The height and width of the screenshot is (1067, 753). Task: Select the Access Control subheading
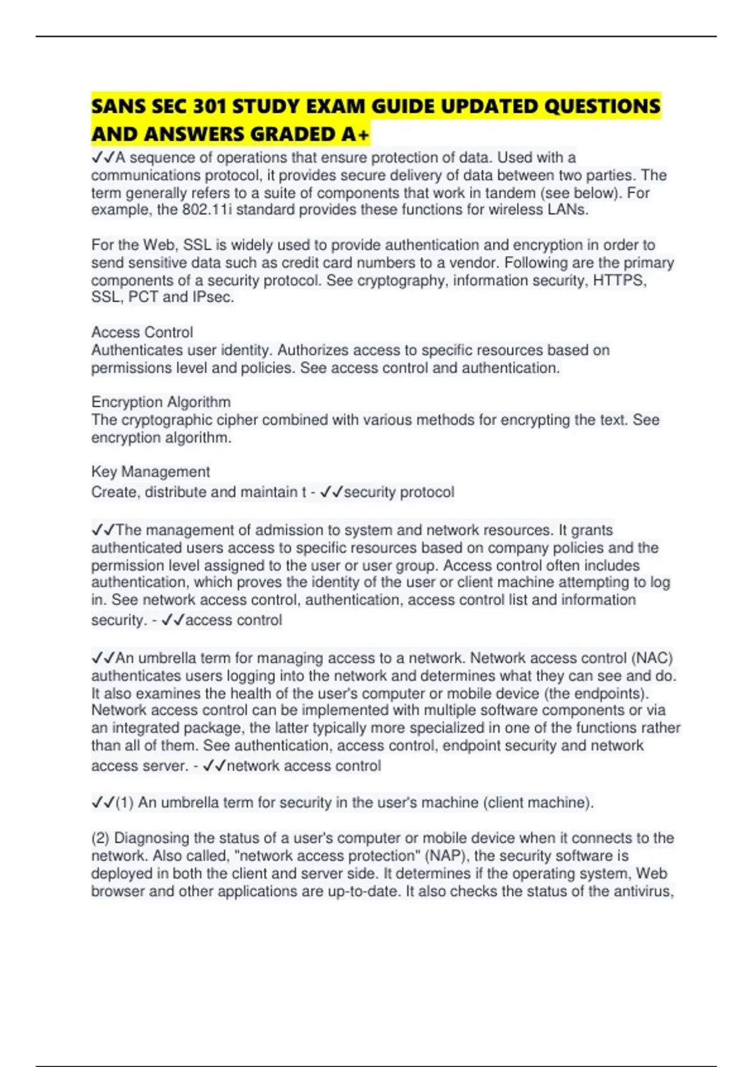pos(142,332)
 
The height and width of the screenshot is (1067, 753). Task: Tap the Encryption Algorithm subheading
pos(161,402)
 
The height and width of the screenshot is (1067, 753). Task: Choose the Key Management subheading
pos(151,471)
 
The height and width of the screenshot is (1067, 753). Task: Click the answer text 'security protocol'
pos(398,492)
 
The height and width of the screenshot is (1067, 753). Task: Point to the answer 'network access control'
pos(304,766)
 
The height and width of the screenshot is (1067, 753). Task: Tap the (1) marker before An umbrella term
pos(125,802)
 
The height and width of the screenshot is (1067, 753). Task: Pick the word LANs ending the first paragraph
pos(569,210)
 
